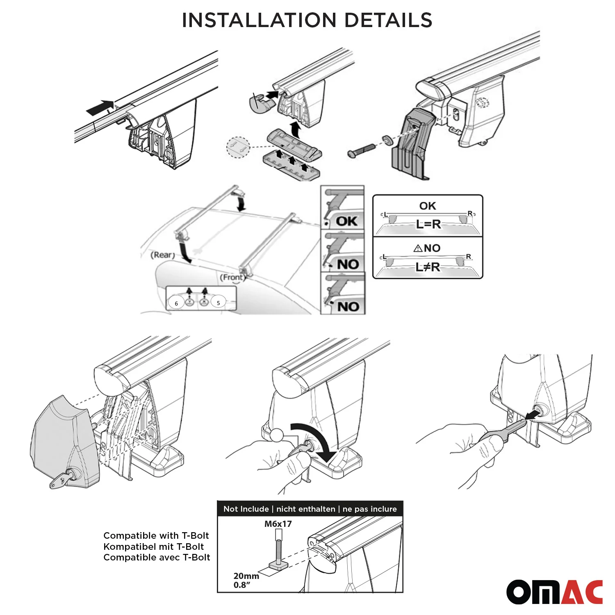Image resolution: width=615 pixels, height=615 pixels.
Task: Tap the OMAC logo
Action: pos(554,592)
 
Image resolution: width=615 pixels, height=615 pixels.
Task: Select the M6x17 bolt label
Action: pos(278,524)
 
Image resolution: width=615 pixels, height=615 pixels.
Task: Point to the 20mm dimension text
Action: pos(246,576)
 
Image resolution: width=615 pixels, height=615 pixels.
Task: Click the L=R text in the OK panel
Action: pos(428,224)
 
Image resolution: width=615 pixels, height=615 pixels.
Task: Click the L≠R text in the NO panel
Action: pos(428,267)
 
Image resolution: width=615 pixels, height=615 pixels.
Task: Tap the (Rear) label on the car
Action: pos(163,255)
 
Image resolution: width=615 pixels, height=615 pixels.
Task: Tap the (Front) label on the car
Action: pos(232,278)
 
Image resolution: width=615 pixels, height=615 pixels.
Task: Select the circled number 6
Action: pos(176,303)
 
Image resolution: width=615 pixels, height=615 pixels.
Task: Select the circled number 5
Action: pos(218,303)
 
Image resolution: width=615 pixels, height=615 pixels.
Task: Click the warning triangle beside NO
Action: pos(418,248)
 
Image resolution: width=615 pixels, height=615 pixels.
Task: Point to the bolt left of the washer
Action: pos(361,150)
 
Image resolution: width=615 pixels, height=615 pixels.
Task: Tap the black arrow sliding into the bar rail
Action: pos(100,107)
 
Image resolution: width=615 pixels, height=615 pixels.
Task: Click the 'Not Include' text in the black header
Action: pos(246,509)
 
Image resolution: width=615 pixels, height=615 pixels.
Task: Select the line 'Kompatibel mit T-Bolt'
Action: pos(153,547)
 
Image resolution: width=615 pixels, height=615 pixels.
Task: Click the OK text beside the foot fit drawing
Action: pos(346,221)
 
